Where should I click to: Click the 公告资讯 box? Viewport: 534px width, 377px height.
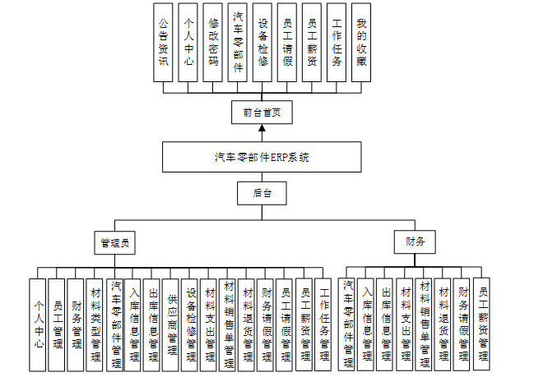tap(164, 42)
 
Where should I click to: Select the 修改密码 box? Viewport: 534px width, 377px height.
tap(213, 42)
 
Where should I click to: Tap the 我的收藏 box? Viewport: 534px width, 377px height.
tap(361, 42)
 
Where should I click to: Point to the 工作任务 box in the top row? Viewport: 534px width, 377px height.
tap(337, 42)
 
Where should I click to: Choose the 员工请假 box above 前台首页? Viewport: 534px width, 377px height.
tap(287, 42)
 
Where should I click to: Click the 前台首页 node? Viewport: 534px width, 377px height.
tap(262, 113)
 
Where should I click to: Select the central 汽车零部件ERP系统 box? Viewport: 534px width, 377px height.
tap(262, 157)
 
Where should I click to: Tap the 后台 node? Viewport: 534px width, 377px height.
tap(262, 195)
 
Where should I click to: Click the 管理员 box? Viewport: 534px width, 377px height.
tap(114, 243)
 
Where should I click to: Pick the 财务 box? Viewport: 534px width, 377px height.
tap(416, 241)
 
